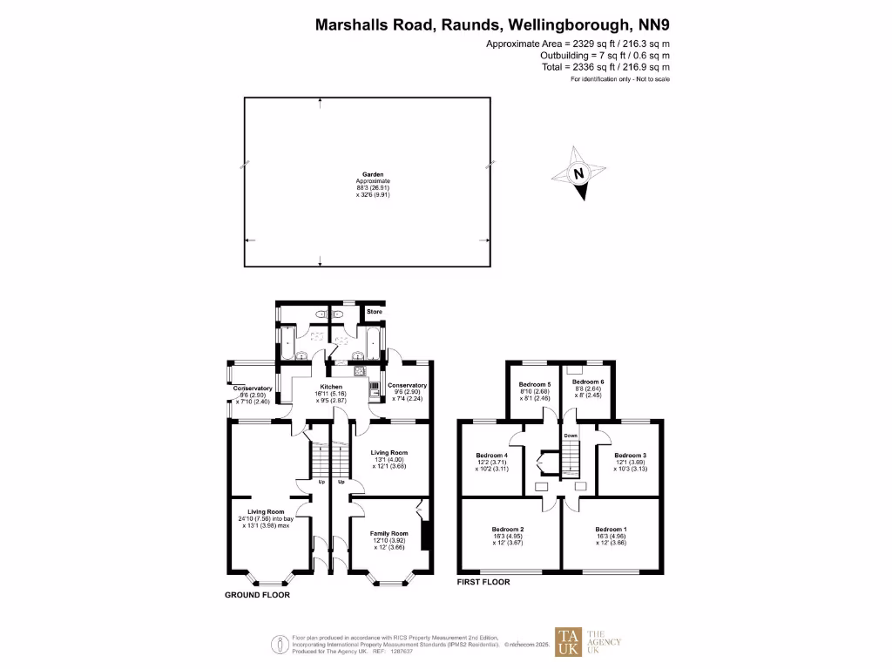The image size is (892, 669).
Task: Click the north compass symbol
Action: click(579, 174)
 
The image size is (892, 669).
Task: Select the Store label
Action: click(374, 311)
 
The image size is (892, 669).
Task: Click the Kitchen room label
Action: click(331, 387)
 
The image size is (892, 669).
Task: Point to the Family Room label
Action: click(389, 533)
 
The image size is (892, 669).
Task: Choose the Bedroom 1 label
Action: click(611, 529)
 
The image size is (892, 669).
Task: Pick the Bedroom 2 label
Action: click(509, 529)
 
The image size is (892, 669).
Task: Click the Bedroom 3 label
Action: click(630, 455)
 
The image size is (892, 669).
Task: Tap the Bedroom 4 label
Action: click(491, 455)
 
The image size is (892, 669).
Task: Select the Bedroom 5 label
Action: click(535, 383)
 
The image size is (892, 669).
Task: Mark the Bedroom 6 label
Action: click(588, 382)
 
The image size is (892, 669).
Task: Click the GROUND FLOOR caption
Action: click(257, 595)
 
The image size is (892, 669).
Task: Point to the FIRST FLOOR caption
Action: click(483, 582)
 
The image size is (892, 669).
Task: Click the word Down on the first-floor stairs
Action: click(571, 435)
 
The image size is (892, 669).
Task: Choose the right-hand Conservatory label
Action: click(407, 386)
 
